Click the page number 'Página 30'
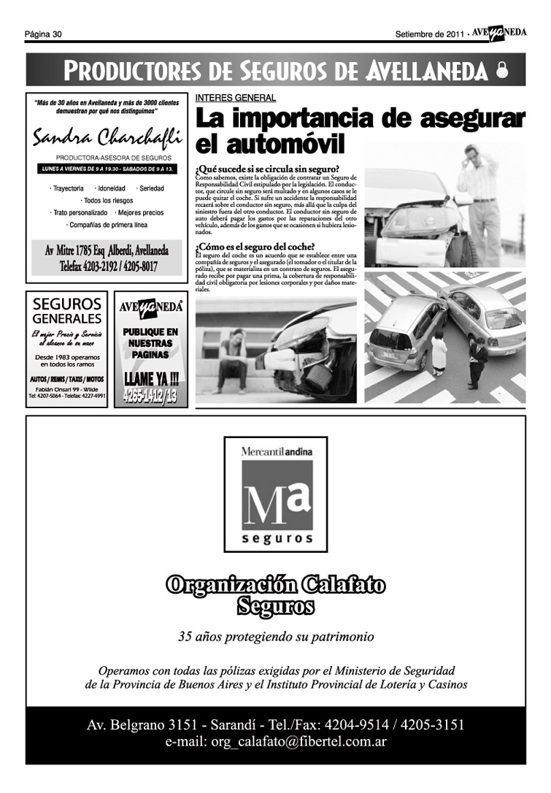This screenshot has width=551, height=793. [x=43, y=34]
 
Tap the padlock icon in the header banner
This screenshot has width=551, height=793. [x=501, y=71]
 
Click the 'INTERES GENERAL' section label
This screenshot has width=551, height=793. [x=236, y=98]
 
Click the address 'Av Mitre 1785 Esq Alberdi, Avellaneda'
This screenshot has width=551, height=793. [x=107, y=250]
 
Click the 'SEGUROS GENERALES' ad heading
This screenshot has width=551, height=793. [x=67, y=311]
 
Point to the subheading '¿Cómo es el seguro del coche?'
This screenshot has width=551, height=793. [x=255, y=246]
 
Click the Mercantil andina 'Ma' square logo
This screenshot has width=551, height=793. [x=277, y=495]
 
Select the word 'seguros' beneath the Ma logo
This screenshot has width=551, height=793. [x=276, y=539]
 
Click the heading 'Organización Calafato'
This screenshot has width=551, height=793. [x=276, y=586]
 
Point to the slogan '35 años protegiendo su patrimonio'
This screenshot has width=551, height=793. [x=276, y=637]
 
